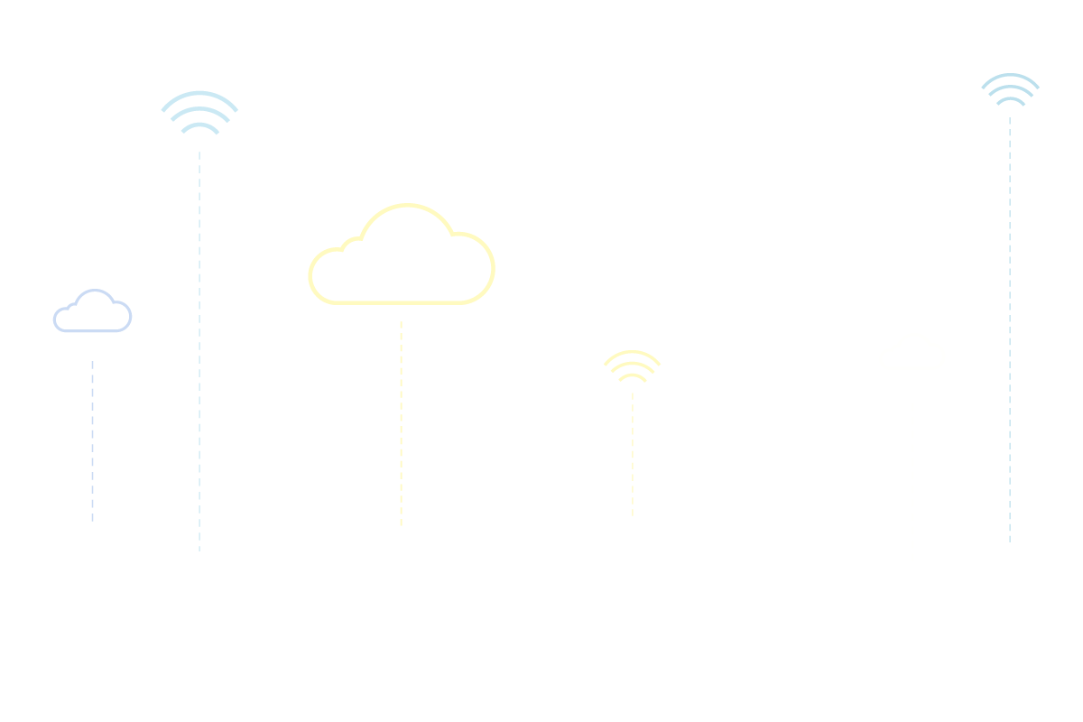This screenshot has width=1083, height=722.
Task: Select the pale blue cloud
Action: [92, 312]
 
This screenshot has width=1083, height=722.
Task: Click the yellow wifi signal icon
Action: [633, 366]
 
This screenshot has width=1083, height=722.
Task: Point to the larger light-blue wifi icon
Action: [199, 114]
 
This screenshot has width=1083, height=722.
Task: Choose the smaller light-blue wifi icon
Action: [1010, 89]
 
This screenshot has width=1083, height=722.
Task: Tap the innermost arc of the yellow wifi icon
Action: [633, 376]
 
